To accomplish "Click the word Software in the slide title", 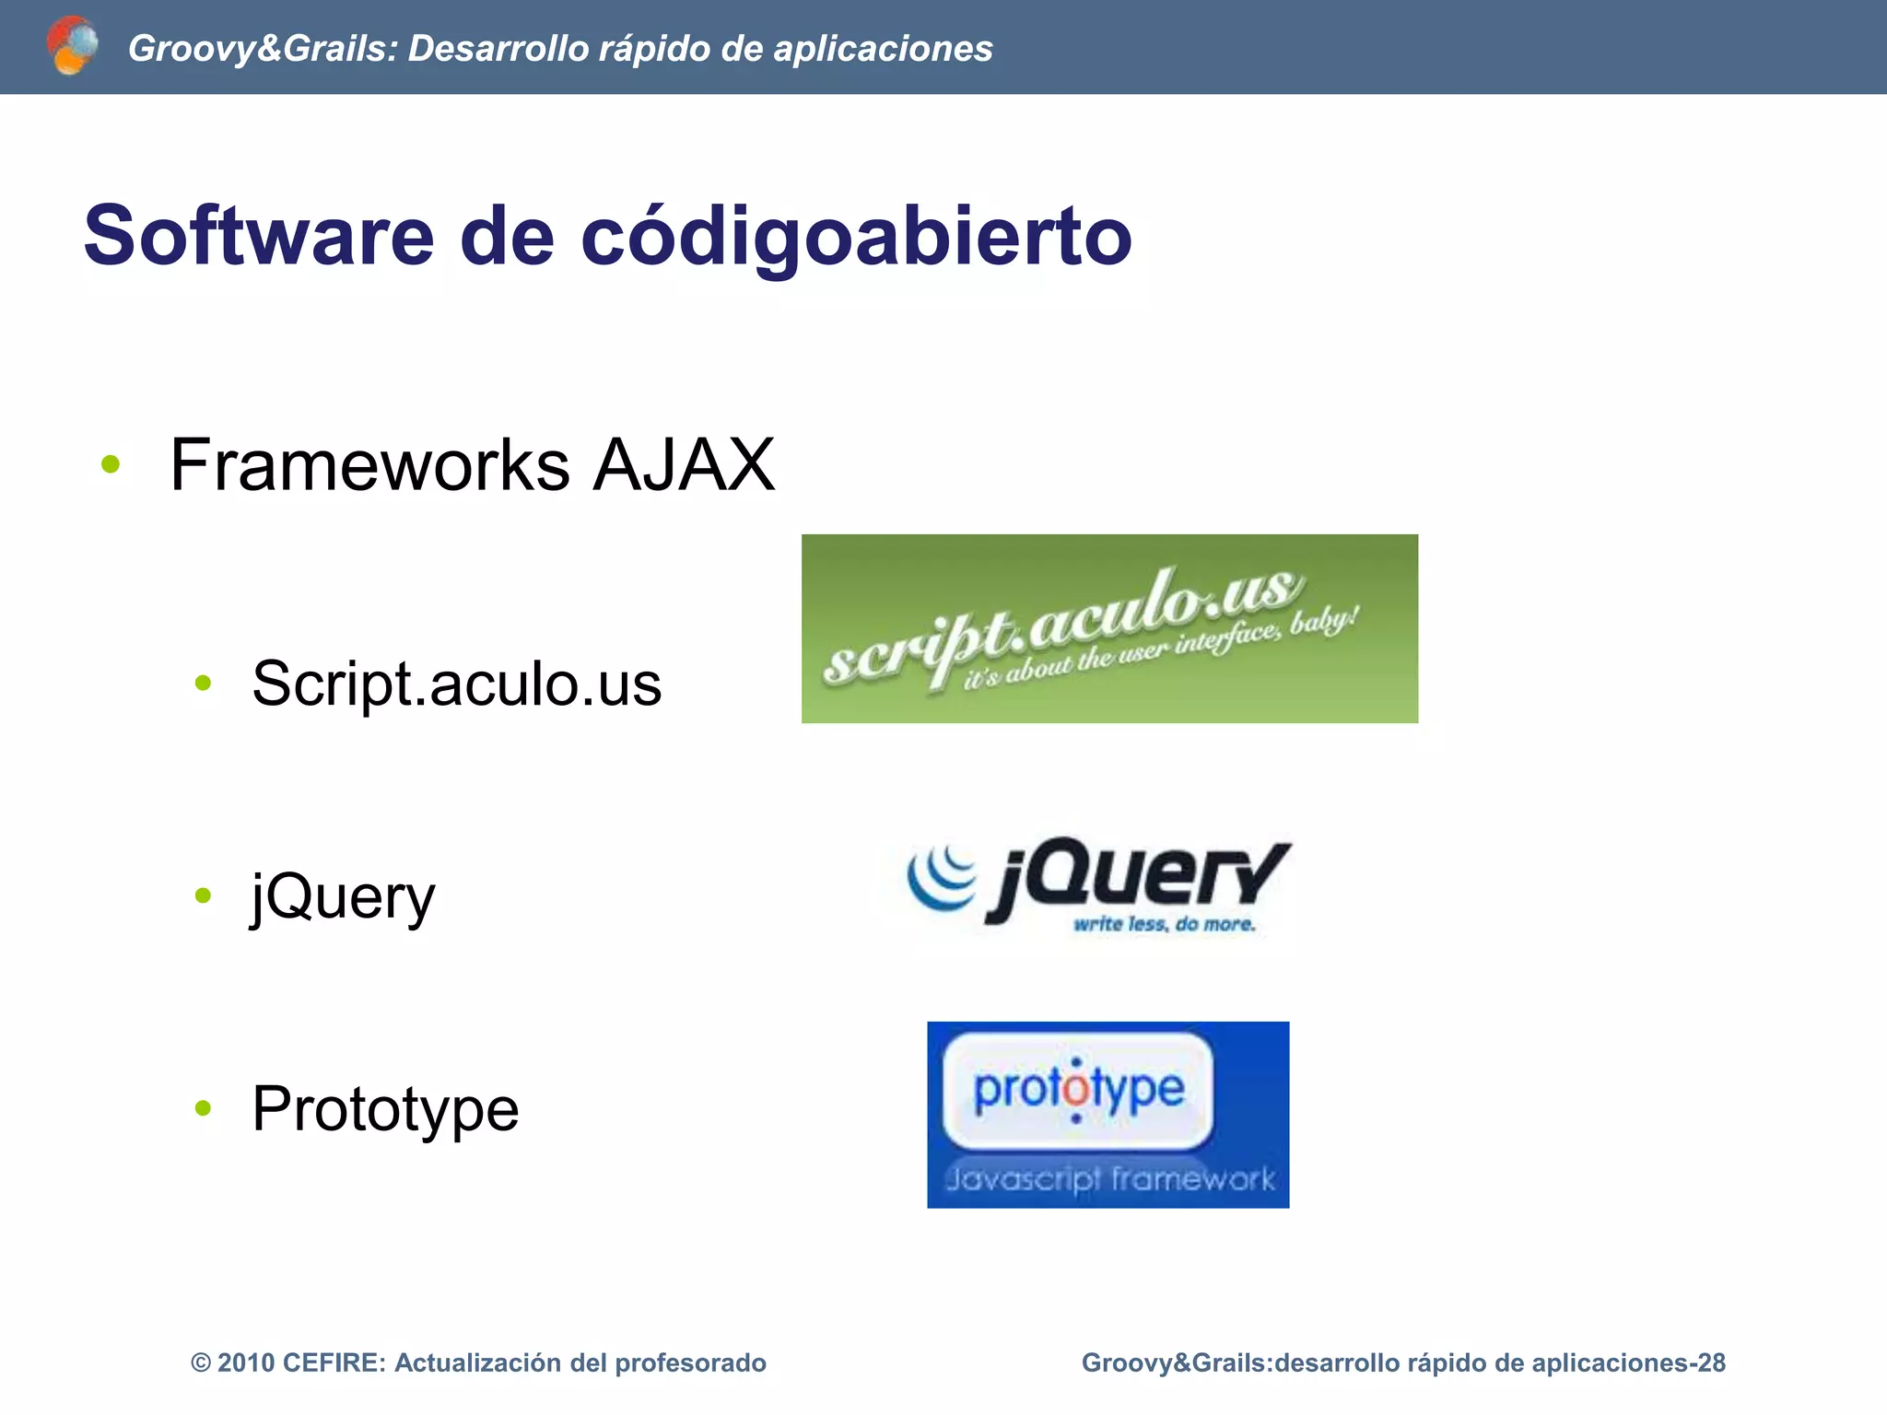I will click(259, 237).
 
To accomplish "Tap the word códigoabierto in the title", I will click(856, 237).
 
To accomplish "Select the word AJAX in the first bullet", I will click(683, 465).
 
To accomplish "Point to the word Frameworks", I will click(369, 465).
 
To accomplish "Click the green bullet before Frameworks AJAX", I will click(111, 464).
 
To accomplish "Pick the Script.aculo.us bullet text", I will click(457, 684).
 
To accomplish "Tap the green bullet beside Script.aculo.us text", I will click(204, 683).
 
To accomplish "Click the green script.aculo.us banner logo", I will click(1109, 628).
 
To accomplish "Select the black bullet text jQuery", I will click(344, 896).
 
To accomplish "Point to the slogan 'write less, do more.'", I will click(1164, 924).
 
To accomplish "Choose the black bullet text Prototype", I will click(385, 1108).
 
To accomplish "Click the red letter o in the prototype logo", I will click(1076, 1091).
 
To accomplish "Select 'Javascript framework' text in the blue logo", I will click(1109, 1179).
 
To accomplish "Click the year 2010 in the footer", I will click(248, 1362).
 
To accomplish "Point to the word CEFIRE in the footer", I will click(334, 1362).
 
